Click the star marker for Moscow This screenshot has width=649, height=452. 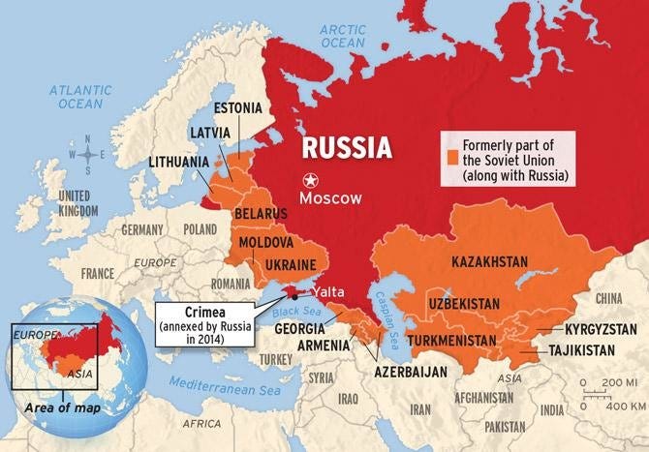(310, 180)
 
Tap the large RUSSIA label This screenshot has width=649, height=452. (346, 148)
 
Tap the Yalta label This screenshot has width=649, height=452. (327, 290)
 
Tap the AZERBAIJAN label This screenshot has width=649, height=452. (412, 372)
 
